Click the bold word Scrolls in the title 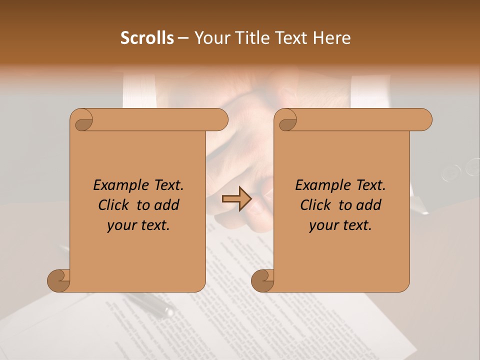point(147,38)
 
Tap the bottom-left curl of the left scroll point(59,280)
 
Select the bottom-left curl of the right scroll point(263,280)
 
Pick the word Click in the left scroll point(113,205)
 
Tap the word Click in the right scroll point(315,205)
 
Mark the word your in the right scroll point(322,225)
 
